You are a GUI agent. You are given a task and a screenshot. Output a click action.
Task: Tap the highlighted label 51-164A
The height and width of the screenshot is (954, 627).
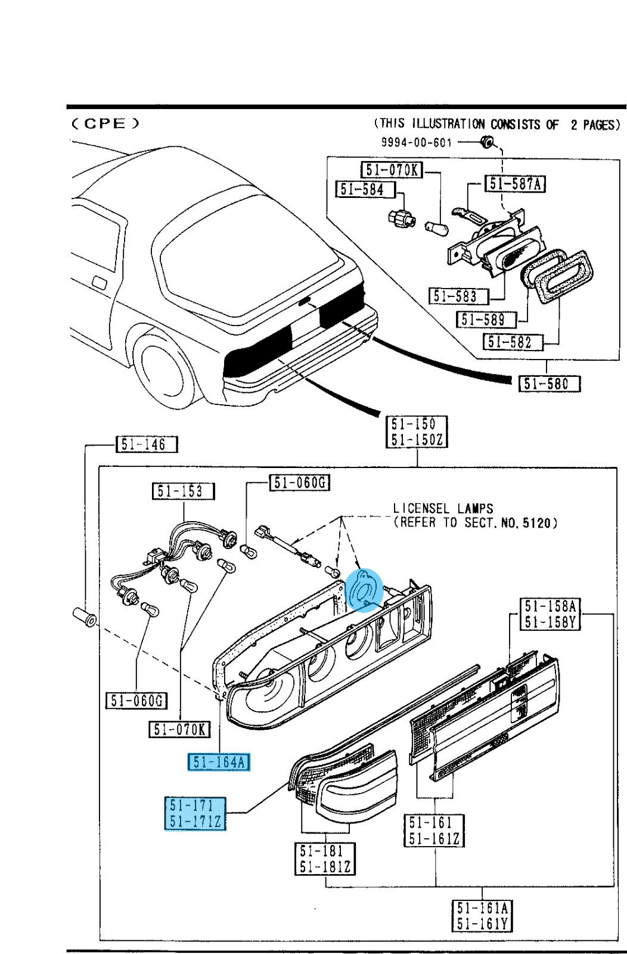click(x=219, y=763)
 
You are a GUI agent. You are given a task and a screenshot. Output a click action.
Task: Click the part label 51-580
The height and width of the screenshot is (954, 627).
click(x=548, y=383)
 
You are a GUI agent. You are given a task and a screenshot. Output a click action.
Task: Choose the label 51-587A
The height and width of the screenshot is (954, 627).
click(x=516, y=184)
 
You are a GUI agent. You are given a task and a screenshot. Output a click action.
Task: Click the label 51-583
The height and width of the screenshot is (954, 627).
click(x=458, y=296)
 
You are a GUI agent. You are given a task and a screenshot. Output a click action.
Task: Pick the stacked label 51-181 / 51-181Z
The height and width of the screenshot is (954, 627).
click(x=325, y=859)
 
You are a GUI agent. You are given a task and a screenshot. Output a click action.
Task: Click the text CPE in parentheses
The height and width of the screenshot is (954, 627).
click(x=105, y=124)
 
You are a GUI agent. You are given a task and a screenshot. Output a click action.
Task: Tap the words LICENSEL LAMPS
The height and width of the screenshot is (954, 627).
click(x=443, y=509)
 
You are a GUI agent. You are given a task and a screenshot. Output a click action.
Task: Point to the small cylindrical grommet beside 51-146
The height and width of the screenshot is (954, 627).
click(x=84, y=617)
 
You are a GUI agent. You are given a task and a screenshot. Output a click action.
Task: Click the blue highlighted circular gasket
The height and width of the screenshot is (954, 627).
click(x=363, y=591)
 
